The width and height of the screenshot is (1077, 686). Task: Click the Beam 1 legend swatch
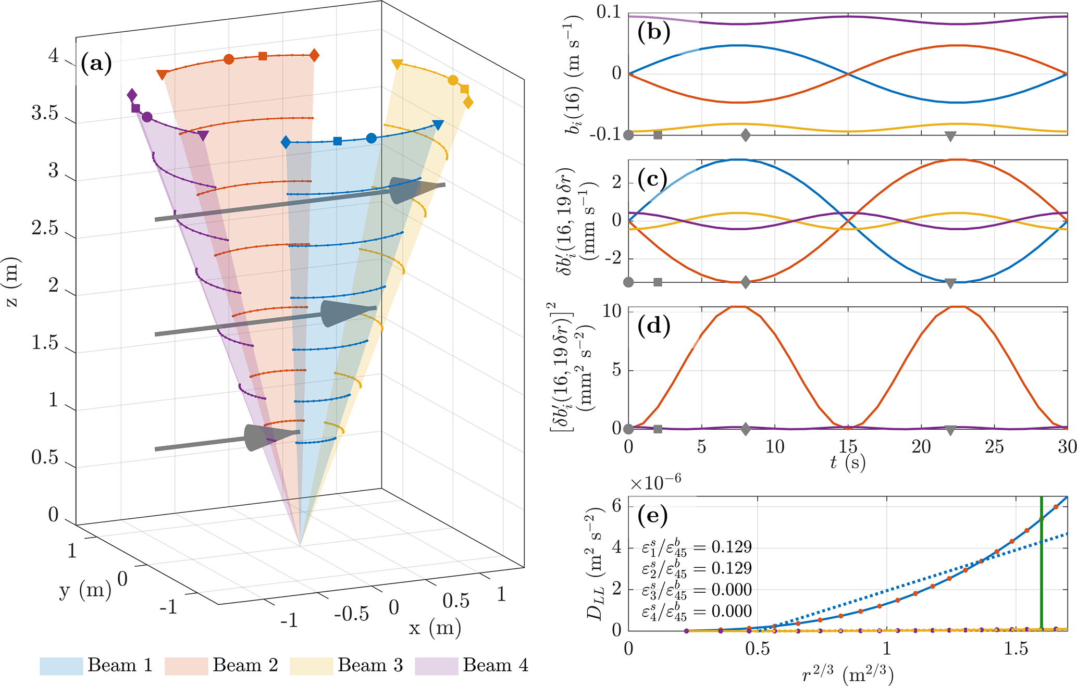(61, 666)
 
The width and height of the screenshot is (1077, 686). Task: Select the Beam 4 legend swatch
(437, 666)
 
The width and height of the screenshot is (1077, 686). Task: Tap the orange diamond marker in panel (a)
(314, 55)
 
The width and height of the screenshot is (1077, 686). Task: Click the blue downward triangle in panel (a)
(438, 125)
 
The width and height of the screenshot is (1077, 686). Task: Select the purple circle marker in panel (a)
(147, 117)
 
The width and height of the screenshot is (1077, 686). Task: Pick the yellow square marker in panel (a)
(464, 89)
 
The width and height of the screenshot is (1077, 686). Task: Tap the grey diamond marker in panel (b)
(746, 135)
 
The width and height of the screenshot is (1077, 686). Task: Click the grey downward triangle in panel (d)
(950, 430)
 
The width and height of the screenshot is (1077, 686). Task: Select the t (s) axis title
(848, 462)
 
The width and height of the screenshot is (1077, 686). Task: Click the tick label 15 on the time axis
(848, 446)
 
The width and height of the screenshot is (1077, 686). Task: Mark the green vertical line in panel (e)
(1041, 563)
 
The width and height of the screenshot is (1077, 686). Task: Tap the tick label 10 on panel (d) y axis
(612, 311)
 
